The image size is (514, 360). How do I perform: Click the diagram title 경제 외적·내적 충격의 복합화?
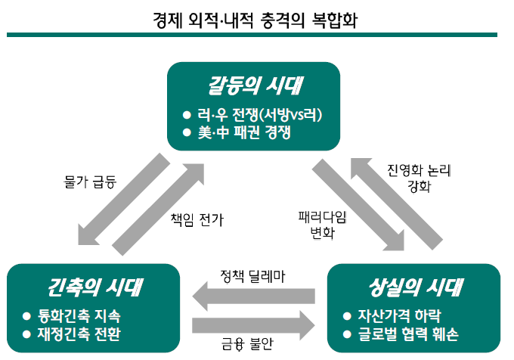pyautogui.click(x=255, y=20)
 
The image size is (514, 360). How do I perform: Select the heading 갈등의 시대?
pyautogui.click(x=255, y=86)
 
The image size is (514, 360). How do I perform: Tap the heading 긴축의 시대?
pyautogui.click(x=95, y=287)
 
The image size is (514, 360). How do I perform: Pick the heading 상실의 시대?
pyautogui.click(x=416, y=287)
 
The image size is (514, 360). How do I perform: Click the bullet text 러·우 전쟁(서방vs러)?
pyautogui.click(x=259, y=115)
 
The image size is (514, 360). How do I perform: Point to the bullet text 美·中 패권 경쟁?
pyautogui.click(x=244, y=132)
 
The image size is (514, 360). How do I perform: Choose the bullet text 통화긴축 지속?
pyautogui.click(x=79, y=315)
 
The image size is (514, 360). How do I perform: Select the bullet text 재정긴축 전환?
pyautogui.click(x=79, y=334)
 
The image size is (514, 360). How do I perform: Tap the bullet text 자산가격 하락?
pyautogui.click(x=399, y=315)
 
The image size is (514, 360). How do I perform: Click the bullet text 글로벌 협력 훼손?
pyautogui.click(x=408, y=334)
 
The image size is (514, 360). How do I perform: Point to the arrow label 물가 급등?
pyautogui.click(x=90, y=182)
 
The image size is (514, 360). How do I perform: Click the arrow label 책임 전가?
pyautogui.click(x=197, y=219)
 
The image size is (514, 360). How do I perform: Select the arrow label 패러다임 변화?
pyautogui.click(x=323, y=225)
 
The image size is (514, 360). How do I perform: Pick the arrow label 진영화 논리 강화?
pyautogui.click(x=420, y=178)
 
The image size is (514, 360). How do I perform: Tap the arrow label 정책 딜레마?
pyautogui.click(x=252, y=276)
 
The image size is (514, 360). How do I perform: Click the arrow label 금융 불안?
pyautogui.click(x=247, y=343)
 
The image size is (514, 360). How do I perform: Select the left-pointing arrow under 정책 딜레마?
pyautogui.click(x=254, y=296)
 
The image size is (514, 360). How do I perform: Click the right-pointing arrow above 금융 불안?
pyautogui.click(x=253, y=325)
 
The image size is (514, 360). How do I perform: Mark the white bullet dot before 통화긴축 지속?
pyautogui.click(x=26, y=316)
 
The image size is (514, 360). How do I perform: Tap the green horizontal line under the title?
pyautogui.click(x=252, y=35)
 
